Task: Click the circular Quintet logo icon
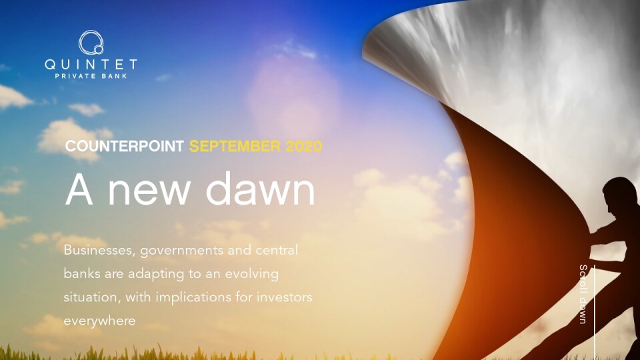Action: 91,43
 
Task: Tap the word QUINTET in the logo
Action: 91,65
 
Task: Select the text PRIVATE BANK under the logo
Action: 91,76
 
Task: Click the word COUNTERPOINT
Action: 125,146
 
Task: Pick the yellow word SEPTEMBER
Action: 235,146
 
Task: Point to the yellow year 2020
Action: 304,146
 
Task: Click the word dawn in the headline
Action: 261,189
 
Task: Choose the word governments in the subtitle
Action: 181,251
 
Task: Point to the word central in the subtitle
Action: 277,250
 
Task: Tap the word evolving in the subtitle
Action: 252,274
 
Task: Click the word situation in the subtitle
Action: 92,297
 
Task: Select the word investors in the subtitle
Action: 284,297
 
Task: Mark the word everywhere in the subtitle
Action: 99,321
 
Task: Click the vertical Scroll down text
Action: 583,294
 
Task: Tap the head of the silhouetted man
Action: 619,196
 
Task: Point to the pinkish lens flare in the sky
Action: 293,96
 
